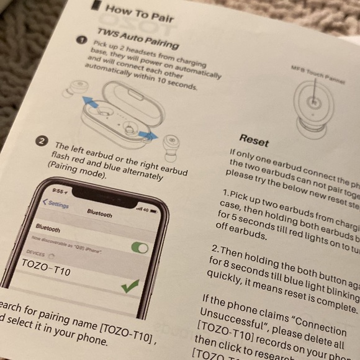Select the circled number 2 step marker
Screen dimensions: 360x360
point(42,141)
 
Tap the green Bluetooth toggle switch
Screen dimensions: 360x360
point(140,248)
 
